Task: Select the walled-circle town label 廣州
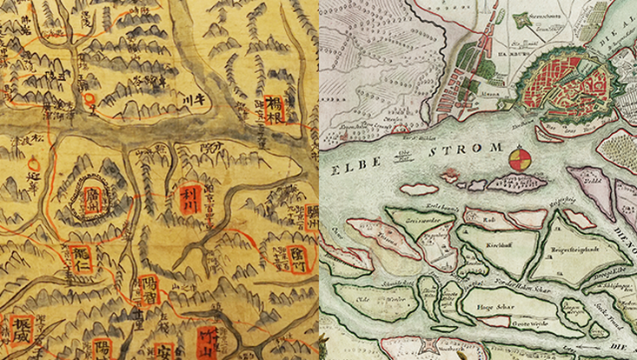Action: coord(93,201)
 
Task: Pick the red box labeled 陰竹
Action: coord(297,257)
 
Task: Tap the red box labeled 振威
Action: coord(19,330)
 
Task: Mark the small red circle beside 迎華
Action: coord(34,163)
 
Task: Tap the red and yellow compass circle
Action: coord(519,159)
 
